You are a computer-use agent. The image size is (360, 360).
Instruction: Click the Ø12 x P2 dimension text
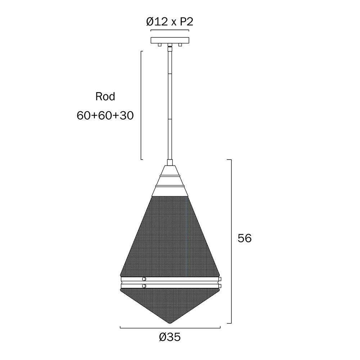pyautogui.click(x=170, y=22)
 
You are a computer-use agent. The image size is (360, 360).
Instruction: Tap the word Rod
pyautogui.click(x=105, y=96)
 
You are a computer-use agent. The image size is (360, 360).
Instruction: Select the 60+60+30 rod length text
pyautogui.click(x=105, y=116)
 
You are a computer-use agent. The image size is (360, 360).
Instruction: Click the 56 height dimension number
pyautogui.click(x=245, y=238)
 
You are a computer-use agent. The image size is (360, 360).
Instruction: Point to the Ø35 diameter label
pyautogui.click(x=170, y=337)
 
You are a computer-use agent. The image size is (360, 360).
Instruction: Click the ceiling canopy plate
pyautogui.click(x=170, y=40)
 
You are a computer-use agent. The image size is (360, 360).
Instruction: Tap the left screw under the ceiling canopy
pyautogui.click(x=159, y=45)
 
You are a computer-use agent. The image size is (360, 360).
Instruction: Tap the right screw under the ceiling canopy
pyautogui.click(x=180, y=45)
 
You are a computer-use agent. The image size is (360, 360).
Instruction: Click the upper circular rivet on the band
pyautogui.click(x=144, y=279)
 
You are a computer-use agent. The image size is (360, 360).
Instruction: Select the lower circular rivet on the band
pyautogui.click(x=144, y=286)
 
